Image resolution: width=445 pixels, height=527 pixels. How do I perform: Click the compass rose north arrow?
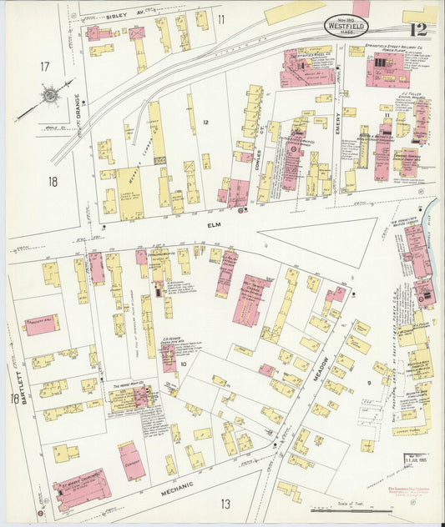50,95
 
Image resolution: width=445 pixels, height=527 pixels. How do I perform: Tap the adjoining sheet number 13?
225,503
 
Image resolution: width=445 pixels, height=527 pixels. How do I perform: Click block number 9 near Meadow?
368,384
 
